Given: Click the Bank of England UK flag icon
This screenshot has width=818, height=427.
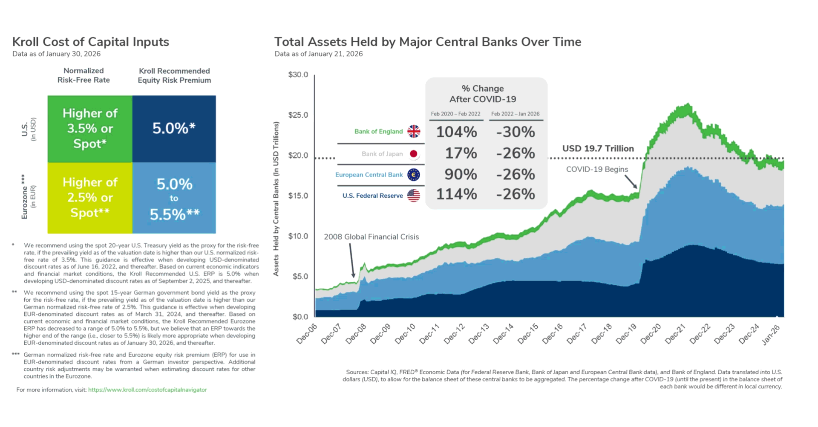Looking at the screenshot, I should click(413, 131).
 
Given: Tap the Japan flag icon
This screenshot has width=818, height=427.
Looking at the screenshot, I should click(413, 154).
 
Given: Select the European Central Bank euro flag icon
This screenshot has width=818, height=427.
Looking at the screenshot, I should click(413, 175).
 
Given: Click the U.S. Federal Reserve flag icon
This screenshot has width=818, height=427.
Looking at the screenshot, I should click(413, 196).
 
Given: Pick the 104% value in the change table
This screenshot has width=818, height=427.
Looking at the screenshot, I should click(456, 132).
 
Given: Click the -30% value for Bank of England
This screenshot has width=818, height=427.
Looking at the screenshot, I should click(516, 132).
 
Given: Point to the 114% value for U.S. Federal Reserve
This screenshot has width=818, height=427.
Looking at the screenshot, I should click(456, 194).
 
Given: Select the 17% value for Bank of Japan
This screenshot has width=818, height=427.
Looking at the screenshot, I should click(461, 153).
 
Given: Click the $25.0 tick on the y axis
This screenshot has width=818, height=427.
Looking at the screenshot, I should click(298, 115).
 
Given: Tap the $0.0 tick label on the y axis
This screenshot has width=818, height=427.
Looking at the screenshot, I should click(300, 317).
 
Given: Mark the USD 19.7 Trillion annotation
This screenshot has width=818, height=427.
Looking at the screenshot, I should click(598, 149).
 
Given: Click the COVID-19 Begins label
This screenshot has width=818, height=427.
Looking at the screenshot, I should click(597, 169).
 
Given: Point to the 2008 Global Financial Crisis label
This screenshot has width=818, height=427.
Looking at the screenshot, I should click(371, 237).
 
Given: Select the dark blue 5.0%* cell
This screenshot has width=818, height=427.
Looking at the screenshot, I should click(174, 129).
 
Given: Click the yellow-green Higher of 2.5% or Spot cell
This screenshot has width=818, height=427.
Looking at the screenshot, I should click(90, 198).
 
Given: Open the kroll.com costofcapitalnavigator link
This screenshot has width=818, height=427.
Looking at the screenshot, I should click(147, 390).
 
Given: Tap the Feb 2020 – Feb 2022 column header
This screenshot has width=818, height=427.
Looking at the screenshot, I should click(455, 114).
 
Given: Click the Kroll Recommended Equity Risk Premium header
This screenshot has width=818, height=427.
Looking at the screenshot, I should click(174, 75).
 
